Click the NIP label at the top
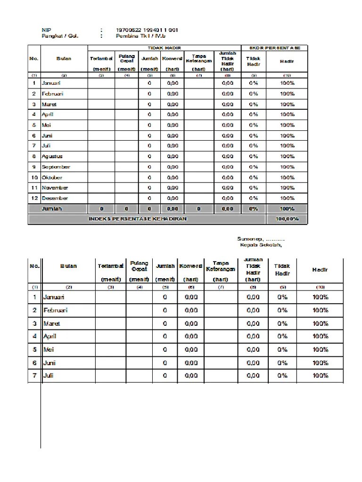point(46,30)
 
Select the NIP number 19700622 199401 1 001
point(147,30)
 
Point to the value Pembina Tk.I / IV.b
point(141,36)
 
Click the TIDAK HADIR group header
point(164,48)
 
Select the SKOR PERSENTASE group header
point(274,48)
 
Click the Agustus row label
point(52,156)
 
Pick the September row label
point(56,167)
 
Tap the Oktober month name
point(52,177)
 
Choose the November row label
point(55,188)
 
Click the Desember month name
point(55,198)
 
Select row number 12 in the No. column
point(34,198)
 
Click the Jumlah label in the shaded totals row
point(52,209)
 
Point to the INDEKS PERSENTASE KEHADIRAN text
point(138,219)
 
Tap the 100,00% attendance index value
point(287,219)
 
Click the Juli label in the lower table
point(49,376)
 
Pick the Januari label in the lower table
point(54,297)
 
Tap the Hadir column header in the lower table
point(320,270)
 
